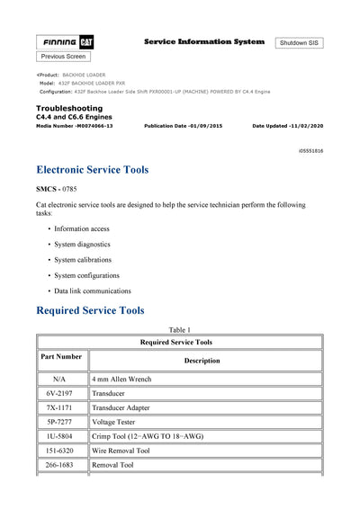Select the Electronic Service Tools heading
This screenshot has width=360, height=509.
click(93, 169)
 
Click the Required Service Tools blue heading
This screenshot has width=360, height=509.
click(90, 310)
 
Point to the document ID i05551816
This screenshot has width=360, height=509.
click(311, 151)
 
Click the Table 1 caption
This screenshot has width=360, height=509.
click(179, 329)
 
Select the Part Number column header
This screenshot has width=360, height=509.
click(62, 357)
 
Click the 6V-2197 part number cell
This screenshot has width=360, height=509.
click(62, 393)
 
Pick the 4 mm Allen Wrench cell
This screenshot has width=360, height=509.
click(121, 380)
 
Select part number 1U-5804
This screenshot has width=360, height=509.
click(62, 436)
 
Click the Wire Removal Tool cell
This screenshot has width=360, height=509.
click(121, 451)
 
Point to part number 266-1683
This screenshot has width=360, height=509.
click(62, 465)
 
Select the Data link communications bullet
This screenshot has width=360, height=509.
click(93, 290)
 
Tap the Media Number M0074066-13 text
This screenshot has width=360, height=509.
click(74, 126)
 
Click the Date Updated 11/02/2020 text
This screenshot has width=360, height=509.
click(288, 126)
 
